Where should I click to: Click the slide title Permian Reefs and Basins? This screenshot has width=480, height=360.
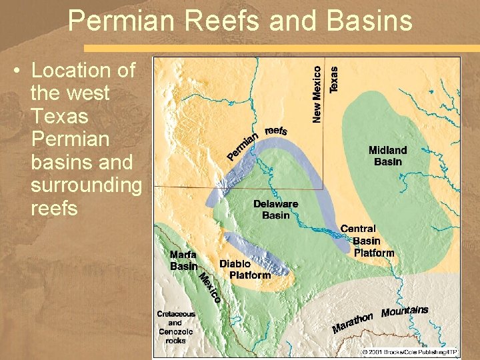point(240,21)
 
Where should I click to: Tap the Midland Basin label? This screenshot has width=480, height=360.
point(387,155)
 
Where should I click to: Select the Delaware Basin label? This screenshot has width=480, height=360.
point(275,209)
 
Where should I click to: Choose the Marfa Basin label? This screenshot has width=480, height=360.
point(183,260)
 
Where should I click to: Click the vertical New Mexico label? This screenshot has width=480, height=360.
point(317,93)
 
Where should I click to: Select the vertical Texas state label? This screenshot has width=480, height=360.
point(334,78)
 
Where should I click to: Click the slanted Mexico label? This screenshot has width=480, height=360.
point(210,287)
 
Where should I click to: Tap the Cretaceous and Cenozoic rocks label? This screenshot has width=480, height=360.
point(176,327)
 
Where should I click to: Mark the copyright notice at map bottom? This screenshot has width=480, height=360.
point(409,351)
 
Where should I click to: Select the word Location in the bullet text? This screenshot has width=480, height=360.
point(83,70)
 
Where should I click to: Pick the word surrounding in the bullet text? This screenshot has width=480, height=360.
point(86,185)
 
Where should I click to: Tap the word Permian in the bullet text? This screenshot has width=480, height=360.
point(70,139)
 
